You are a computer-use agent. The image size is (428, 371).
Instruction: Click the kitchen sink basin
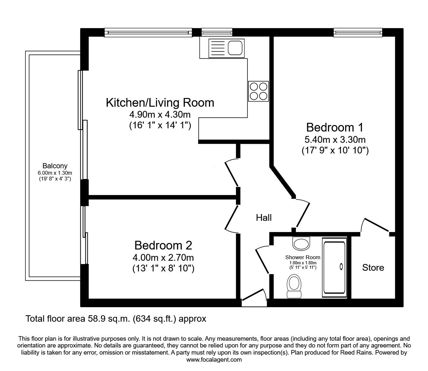[235, 48]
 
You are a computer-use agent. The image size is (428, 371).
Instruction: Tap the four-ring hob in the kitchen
[258, 91]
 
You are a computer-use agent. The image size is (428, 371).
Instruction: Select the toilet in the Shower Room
[294, 286]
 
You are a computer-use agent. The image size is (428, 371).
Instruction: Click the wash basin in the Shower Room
[301, 243]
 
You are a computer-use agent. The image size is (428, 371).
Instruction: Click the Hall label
[264, 218]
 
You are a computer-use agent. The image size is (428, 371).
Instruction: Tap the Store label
[373, 268]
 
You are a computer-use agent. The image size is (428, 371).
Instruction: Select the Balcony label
[55, 166]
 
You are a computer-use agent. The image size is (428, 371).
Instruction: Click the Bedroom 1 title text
[335, 127]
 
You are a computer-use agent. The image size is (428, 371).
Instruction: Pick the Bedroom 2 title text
[163, 245]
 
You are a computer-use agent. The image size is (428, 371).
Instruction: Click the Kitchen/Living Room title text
[160, 103]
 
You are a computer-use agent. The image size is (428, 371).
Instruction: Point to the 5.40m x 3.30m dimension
[335, 140]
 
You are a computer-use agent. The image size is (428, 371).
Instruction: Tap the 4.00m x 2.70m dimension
[163, 258]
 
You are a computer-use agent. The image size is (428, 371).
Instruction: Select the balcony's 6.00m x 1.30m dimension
[55, 173]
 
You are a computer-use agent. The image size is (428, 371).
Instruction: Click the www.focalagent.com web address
[214, 360]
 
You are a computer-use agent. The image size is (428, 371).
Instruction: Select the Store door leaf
[376, 225]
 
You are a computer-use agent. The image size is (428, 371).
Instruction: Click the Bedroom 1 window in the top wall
[358, 33]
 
